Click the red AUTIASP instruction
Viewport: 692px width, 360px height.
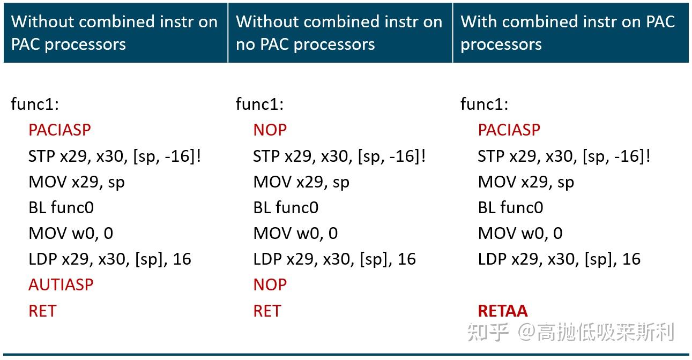click(61, 284)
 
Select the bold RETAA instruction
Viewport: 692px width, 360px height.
click(502, 311)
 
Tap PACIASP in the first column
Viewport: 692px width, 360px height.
click(59, 130)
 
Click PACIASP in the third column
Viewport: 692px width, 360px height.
click(509, 130)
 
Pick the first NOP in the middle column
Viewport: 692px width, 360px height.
click(270, 130)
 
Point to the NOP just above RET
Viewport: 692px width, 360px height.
click(270, 284)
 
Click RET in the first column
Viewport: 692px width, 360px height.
click(42, 311)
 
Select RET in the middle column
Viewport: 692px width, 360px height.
click(267, 311)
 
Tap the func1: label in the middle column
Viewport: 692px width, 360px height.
click(259, 104)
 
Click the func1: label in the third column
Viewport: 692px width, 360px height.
click(484, 104)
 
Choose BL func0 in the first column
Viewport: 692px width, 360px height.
click(61, 207)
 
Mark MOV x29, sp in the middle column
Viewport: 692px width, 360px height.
click(301, 182)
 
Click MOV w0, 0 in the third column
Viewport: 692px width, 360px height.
click(520, 233)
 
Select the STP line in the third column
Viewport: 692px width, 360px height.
click(564, 156)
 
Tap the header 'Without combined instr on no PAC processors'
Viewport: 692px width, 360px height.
click(339, 33)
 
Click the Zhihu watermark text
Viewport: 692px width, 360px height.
click(570, 332)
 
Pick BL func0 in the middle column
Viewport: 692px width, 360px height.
click(286, 207)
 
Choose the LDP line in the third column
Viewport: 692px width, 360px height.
click(559, 259)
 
